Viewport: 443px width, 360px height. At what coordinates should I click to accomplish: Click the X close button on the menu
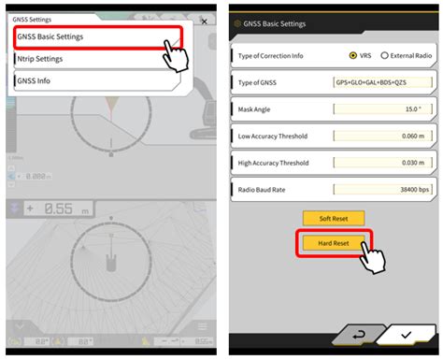pyautogui.click(x=204, y=22)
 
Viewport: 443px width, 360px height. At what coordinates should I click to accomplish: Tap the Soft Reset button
pyautogui.click(x=333, y=218)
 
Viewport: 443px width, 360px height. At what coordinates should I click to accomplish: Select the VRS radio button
pyautogui.click(x=352, y=55)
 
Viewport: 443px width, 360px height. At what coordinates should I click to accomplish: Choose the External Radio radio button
pyautogui.click(x=384, y=55)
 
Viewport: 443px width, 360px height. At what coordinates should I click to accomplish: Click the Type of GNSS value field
pyautogui.click(x=382, y=82)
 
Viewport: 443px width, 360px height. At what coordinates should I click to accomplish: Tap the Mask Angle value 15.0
pyautogui.click(x=382, y=109)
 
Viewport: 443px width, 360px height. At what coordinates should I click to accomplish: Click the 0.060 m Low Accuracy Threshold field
pyautogui.click(x=382, y=136)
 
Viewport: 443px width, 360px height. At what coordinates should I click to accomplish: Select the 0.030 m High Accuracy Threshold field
pyautogui.click(x=382, y=162)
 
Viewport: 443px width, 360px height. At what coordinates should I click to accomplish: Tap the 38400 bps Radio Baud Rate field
pyautogui.click(x=382, y=189)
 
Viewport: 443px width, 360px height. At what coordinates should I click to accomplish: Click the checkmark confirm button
pyautogui.click(x=405, y=334)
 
